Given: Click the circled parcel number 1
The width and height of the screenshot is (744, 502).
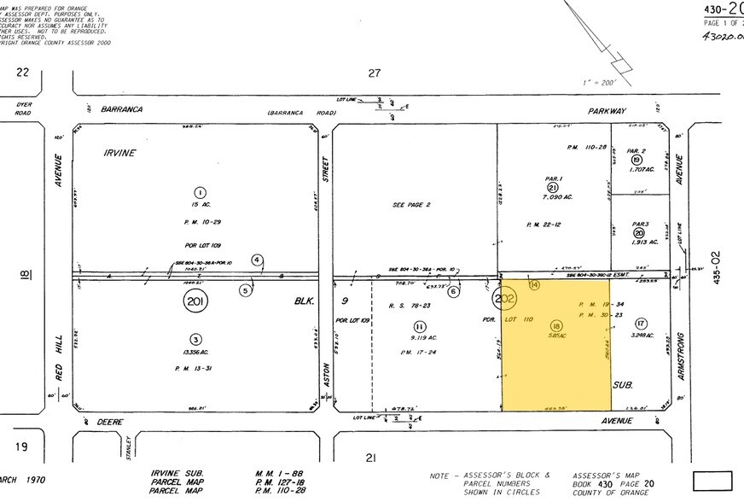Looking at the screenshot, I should (200, 192).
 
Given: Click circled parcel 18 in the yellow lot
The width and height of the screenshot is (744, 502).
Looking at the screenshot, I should (557, 325).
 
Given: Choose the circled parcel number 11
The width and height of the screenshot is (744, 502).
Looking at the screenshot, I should (419, 326).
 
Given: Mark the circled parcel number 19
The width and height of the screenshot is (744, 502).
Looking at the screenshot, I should (636, 160).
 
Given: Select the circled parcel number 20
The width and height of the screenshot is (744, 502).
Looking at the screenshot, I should (639, 232).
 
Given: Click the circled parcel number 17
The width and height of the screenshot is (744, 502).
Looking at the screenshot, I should (641, 322).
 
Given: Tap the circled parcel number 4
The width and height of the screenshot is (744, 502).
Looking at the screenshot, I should (257, 260).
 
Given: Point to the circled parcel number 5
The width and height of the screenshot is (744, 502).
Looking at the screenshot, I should (246, 290).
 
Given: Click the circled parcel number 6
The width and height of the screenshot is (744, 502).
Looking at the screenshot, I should (454, 291).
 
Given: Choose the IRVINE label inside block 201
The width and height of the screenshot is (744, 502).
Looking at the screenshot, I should (120, 153).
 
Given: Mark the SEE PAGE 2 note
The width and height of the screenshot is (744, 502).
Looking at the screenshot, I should (410, 205).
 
